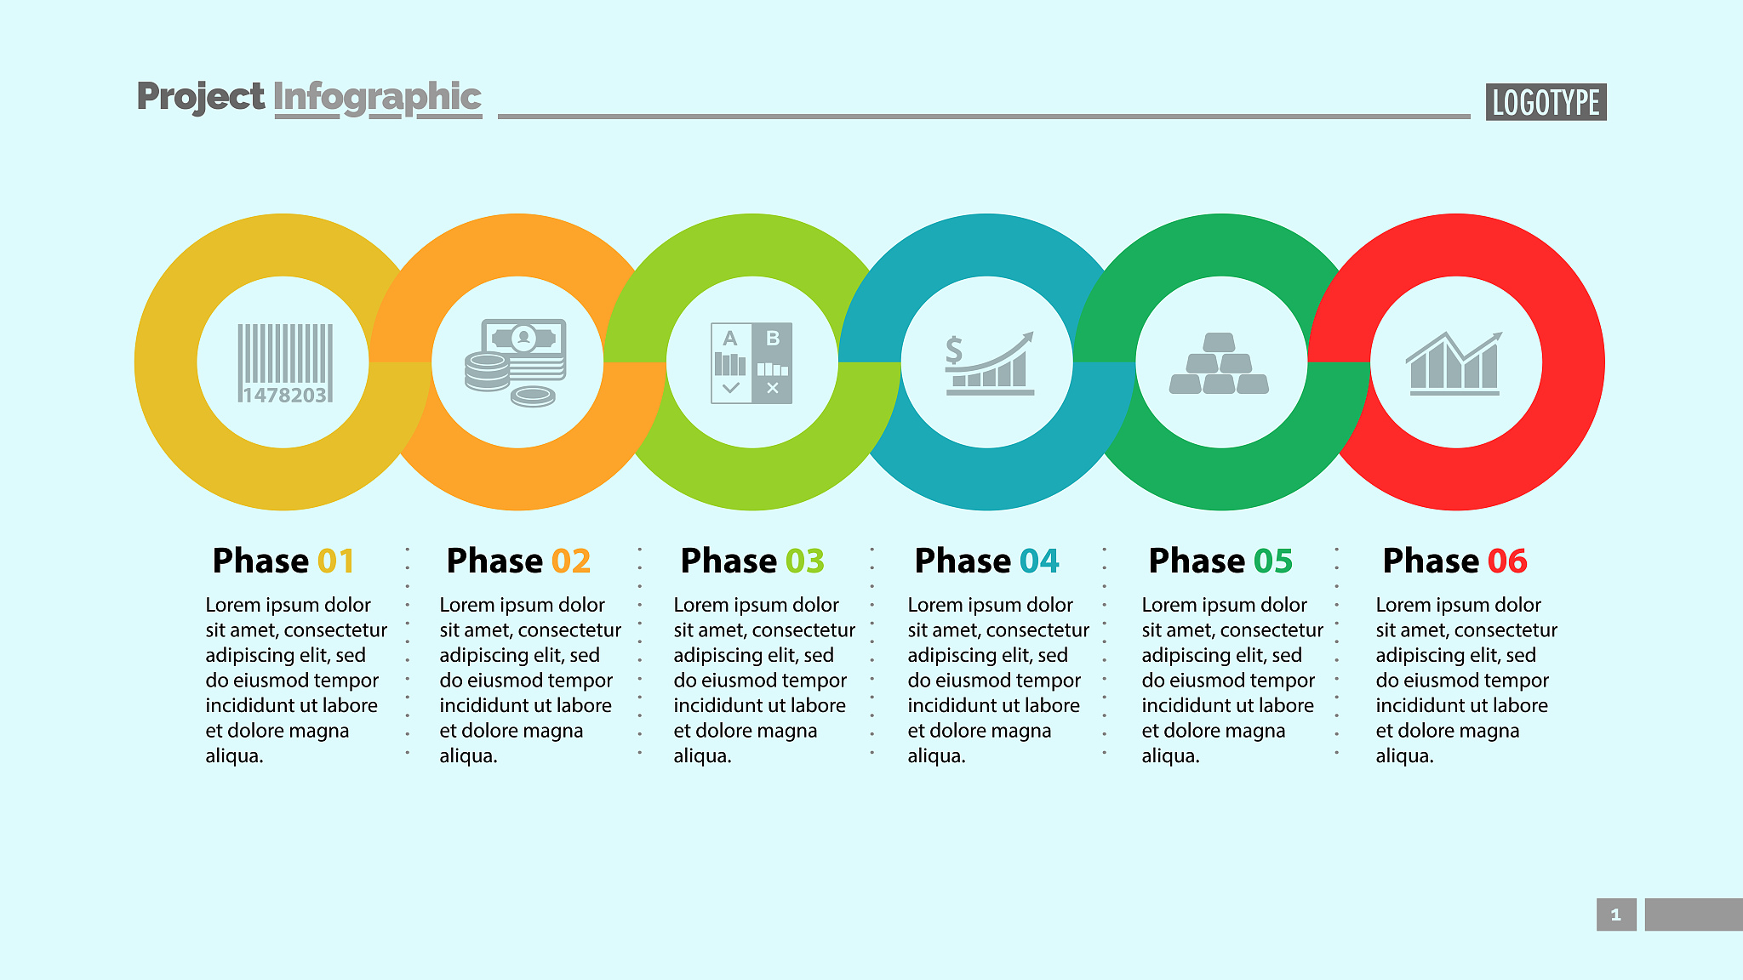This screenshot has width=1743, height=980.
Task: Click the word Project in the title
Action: (201, 97)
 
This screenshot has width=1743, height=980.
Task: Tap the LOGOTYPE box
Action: (1546, 102)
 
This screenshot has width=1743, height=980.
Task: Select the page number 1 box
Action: (1616, 914)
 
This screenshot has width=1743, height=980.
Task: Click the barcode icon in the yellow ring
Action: (284, 362)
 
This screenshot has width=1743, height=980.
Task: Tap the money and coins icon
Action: (516, 362)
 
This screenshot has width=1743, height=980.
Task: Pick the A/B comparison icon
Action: (751, 362)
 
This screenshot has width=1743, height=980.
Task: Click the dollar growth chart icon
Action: (990, 363)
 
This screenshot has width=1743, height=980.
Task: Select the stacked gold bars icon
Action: (1220, 363)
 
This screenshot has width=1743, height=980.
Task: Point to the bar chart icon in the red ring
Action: (1454, 363)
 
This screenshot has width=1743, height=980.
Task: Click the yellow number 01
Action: (336, 561)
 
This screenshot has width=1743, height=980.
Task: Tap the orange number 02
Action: (571, 561)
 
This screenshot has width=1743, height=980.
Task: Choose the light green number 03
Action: (805, 561)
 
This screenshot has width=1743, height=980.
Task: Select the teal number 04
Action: (1039, 561)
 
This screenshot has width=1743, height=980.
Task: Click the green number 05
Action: (1273, 561)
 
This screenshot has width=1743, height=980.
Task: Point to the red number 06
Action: (1507, 561)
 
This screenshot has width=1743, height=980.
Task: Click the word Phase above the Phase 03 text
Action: (729, 561)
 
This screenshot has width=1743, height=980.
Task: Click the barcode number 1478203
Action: (284, 395)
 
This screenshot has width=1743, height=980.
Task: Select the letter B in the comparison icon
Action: (773, 339)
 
